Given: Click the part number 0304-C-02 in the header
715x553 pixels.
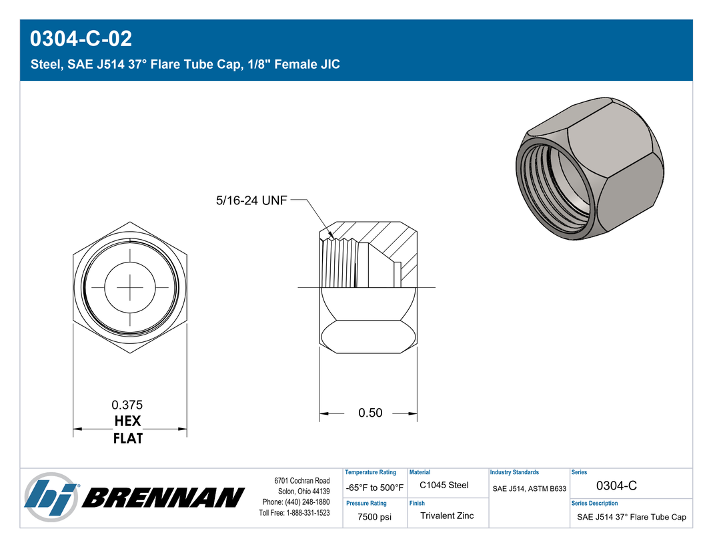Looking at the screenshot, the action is [81, 38].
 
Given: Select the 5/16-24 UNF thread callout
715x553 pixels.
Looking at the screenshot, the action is [251, 200].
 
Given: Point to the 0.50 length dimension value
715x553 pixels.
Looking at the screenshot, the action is [370, 413].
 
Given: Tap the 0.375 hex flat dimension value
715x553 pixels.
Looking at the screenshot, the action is [127, 405].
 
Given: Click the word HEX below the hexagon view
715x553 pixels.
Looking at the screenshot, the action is [127, 421].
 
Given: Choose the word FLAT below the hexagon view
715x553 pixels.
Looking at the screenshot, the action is [127, 438].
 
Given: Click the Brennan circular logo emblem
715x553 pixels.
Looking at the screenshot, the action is [51, 498].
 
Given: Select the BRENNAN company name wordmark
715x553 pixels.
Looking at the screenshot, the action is [163, 498].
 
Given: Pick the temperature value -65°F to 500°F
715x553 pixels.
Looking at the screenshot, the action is [374, 488].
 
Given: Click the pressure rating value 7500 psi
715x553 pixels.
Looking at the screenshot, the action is [374, 517].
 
